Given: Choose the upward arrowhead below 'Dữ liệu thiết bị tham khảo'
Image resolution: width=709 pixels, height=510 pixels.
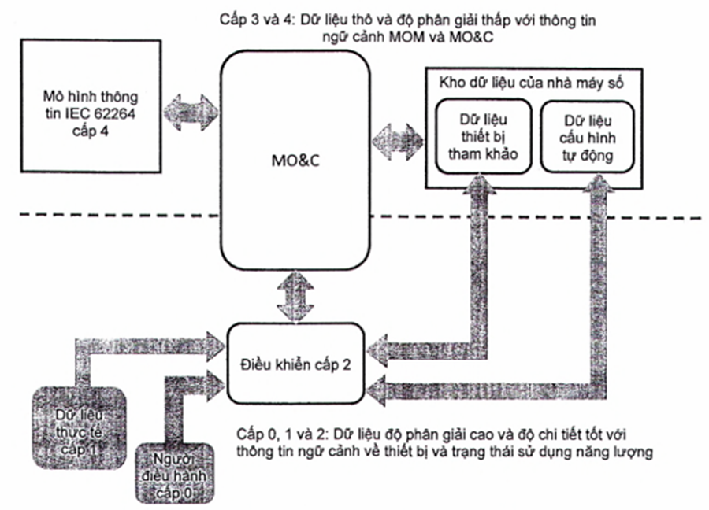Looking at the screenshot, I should (478, 187).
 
